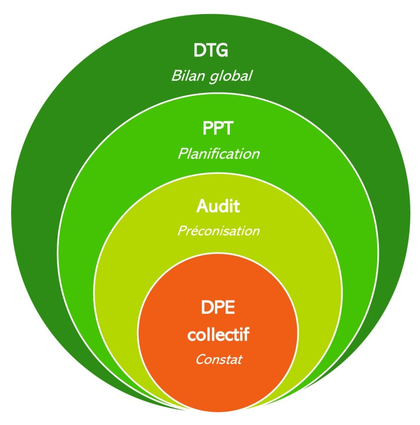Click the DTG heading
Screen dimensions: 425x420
click(211, 51)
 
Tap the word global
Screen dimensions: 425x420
click(230, 77)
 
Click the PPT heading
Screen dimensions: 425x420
click(218, 128)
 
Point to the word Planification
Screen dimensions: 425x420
click(219, 154)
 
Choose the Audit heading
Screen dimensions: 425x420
click(218, 206)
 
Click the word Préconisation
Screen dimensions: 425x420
click(219, 231)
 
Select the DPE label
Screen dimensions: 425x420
click(218, 308)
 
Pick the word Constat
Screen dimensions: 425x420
click(219, 359)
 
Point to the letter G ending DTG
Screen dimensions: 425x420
click(222, 51)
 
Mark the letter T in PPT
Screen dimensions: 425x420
click(229, 128)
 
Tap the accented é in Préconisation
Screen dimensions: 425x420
click(192, 231)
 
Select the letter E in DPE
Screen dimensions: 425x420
click(229, 308)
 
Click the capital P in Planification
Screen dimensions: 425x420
click(183, 154)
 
